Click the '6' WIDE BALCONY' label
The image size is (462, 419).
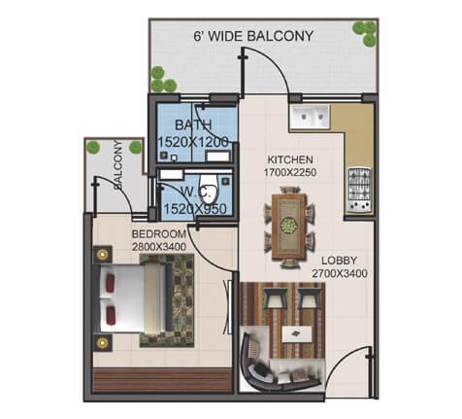[255, 38]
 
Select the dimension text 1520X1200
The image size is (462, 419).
[193, 142]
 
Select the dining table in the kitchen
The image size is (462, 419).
[288, 226]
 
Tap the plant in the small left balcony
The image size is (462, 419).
[94, 147]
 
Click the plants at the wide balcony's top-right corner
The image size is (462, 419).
[364, 32]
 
